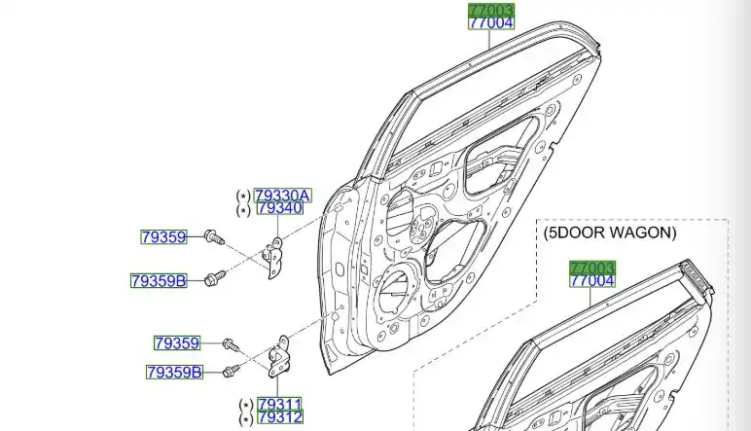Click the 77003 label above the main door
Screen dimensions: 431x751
pyautogui.click(x=490, y=11)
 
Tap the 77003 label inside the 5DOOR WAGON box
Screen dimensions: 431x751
pyautogui.click(x=592, y=268)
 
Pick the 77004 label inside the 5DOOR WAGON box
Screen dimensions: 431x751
pyautogui.click(x=592, y=281)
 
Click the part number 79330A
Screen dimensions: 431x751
pyautogui.click(x=282, y=195)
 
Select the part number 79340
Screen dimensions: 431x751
pyautogui.click(x=278, y=208)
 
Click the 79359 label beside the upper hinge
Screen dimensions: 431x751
pyautogui.click(x=162, y=236)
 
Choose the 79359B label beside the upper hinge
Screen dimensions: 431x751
pyautogui.click(x=158, y=281)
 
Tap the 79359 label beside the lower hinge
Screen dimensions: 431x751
pyautogui.click(x=176, y=342)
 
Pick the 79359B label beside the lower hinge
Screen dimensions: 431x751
pyautogui.click(x=173, y=372)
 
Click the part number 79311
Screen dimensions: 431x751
pyautogui.click(x=279, y=404)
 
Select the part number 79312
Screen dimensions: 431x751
pyautogui.click(x=279, y=417)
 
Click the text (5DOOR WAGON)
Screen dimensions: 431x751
pyautogui.click(x=609, y=233)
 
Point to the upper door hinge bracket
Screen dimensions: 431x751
pyautogui.click(x=274, y=258)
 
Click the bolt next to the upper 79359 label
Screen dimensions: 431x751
pyautogui.click(x=215, y=236)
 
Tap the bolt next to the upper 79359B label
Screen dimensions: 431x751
pyautogui.click(x=215, y=278)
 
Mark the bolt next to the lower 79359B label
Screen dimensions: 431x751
pyautogui.click(x=231, y=370)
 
